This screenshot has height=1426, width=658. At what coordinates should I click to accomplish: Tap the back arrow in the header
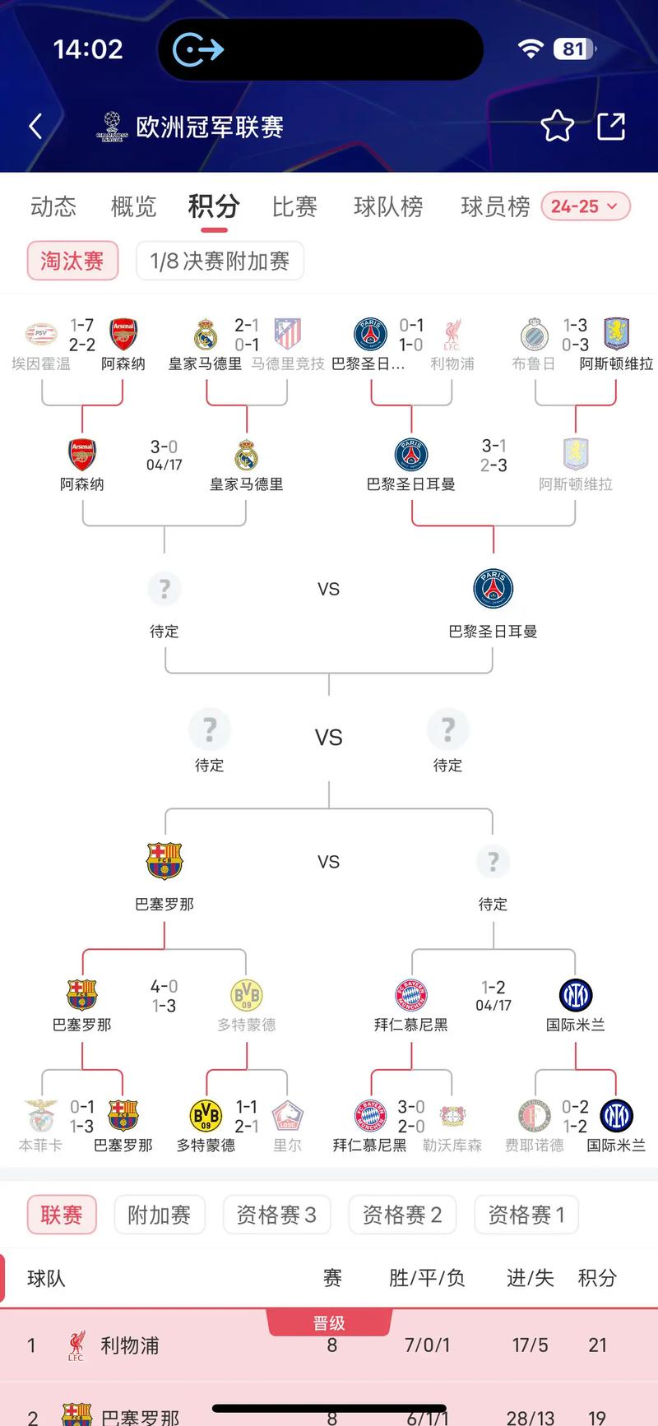(x=35, y=127)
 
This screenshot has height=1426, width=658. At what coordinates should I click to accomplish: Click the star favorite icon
(x=557, y=127)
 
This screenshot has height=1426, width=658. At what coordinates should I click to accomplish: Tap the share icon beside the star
(x=611, y=127)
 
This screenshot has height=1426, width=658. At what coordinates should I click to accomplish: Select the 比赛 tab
(x=294, y=206)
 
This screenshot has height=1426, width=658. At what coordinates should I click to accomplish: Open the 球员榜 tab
(x=495, y=206)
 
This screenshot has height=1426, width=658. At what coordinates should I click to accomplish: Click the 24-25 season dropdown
(x=585, y=206)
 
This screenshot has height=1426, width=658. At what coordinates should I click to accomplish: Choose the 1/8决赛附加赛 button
(x=220, y=262)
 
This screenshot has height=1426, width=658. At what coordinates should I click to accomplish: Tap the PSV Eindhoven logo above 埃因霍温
(x=41, y=334)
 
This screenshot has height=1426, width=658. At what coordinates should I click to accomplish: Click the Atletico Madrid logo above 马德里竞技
(x=287, y=334)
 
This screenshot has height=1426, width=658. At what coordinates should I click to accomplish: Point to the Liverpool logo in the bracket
(x=452, y=334)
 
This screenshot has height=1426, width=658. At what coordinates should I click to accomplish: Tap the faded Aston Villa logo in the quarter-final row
(x=575, y=454)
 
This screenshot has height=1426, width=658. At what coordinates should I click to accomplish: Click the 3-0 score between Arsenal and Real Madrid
(x=164, y=447)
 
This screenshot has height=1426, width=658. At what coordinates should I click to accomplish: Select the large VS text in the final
(x=328, y=738)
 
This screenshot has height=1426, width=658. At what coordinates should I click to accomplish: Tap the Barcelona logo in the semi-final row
(x=164, y=861)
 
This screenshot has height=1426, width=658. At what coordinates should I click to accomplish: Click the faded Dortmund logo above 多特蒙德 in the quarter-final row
(x=246, y=995)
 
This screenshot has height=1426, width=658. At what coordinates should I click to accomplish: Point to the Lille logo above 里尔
(x=287, y=1116)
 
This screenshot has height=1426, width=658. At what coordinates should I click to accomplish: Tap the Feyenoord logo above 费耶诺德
(x=535, y=1116)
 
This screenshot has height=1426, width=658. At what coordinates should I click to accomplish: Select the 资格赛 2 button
(x=402, y=1215)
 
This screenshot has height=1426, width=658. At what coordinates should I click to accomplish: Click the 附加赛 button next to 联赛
(x=159, y=1215)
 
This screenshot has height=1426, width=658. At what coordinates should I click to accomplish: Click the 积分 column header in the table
(x=597, y=1278)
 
